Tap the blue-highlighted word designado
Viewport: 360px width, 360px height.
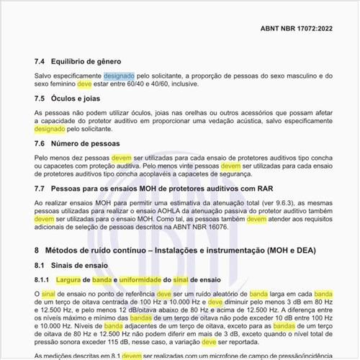coord(118,76)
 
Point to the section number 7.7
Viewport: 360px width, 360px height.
coord(40,190)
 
